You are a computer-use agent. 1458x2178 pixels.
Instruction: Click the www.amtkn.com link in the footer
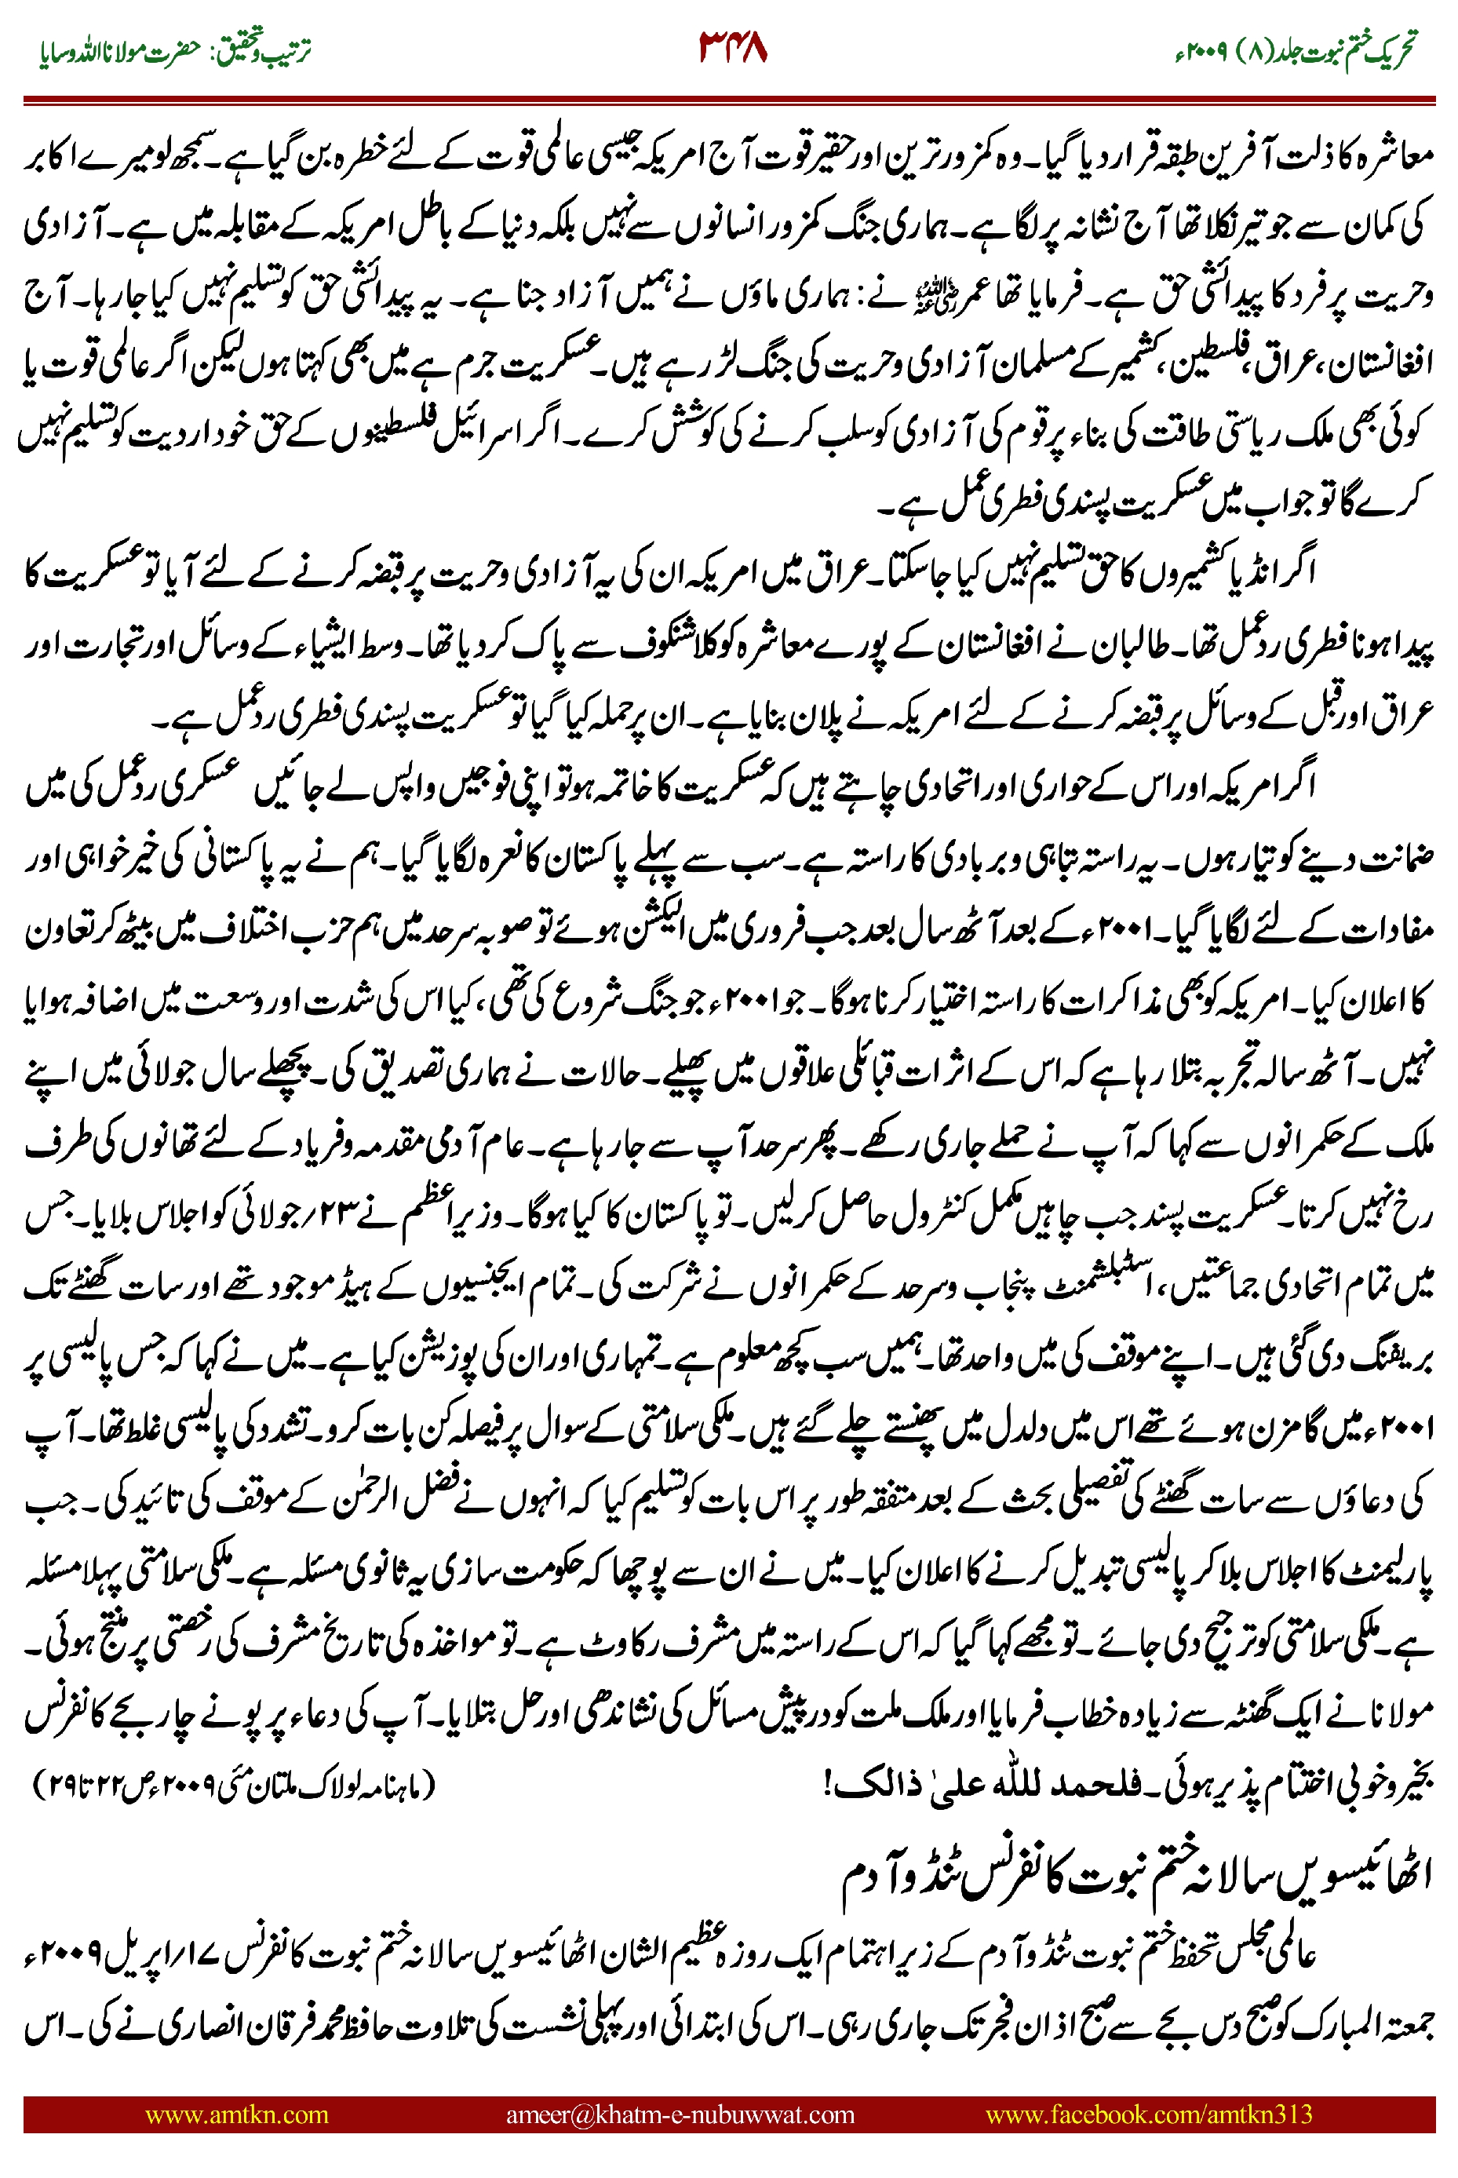[237, 2114]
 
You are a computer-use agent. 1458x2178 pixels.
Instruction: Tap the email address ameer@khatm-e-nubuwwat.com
[680, 2114]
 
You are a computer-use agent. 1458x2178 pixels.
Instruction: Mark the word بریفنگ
[1389, 1359]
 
